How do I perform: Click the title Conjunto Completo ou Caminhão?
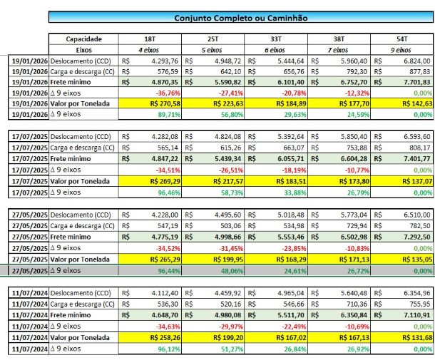[x=241, y=17]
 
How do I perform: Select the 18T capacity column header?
[x=150, y=38]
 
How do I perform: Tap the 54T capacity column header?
[x=401, y=38]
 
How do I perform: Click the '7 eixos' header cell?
[x=339, y=50]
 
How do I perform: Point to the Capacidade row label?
[x=83, y=38]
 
